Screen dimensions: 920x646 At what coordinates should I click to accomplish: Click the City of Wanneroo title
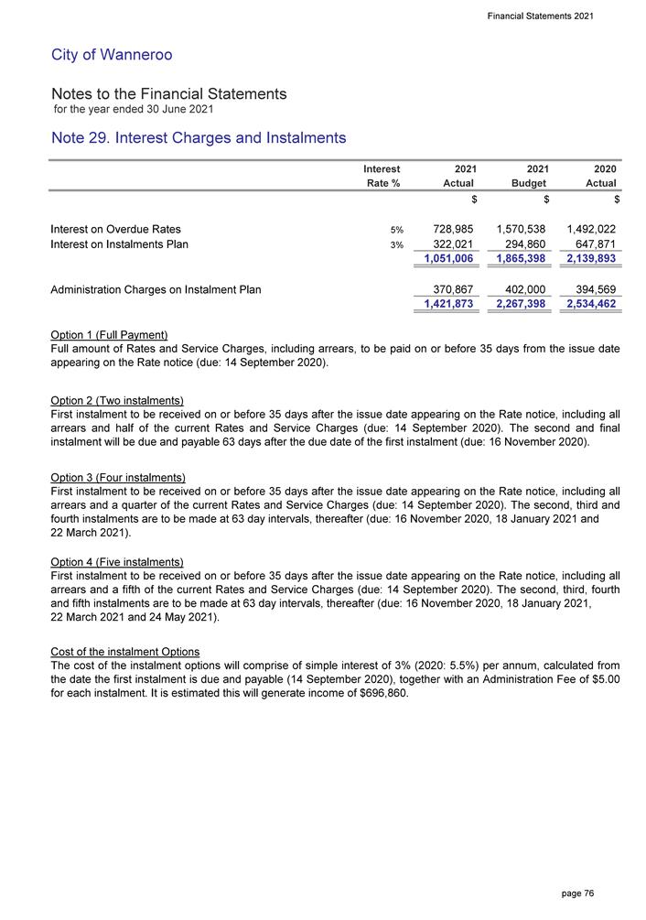coord(112,55)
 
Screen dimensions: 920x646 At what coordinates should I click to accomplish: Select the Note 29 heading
coord(199,138)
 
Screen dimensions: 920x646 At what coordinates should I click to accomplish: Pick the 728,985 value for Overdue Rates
coord(451,229)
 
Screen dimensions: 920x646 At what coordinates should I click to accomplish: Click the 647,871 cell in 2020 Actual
coord(591,245)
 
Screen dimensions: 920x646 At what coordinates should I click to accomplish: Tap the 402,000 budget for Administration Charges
coord(522,289)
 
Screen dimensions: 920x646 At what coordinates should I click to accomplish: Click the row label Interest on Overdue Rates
coord(116,229)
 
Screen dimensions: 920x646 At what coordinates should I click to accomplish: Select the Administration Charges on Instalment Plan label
coord(156,289)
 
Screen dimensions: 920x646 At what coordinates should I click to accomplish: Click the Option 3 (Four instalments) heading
coord(119,478)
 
